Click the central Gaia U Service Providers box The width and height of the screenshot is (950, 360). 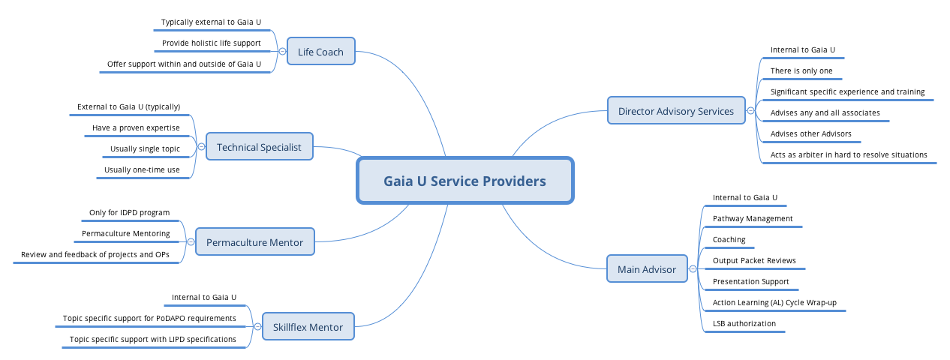click(464, 181)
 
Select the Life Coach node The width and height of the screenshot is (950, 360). click(320, 52)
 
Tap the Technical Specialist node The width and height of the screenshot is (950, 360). click(259, 147)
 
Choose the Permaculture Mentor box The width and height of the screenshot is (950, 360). click(254, 242)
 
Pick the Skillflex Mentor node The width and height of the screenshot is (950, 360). click(308, 327)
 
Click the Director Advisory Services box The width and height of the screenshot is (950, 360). click(675, 111)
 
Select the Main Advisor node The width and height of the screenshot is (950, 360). click(646, 268)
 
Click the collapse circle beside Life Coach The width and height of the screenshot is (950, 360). click(282, 52)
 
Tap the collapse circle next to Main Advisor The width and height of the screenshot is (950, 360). click(693, 268)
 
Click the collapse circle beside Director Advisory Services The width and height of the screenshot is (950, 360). click(750, 111)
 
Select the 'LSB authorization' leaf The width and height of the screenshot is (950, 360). click(744, 324)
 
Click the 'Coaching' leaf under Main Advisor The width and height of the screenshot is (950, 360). click(729, 240)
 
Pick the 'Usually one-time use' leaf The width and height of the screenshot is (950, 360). click(142, 170)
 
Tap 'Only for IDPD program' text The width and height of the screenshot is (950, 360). click(129, 213)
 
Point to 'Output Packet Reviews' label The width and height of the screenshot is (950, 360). click(754, 261)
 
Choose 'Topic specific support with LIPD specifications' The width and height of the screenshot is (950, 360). click(153, 340)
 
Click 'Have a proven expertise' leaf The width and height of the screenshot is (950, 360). click(136, 128)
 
